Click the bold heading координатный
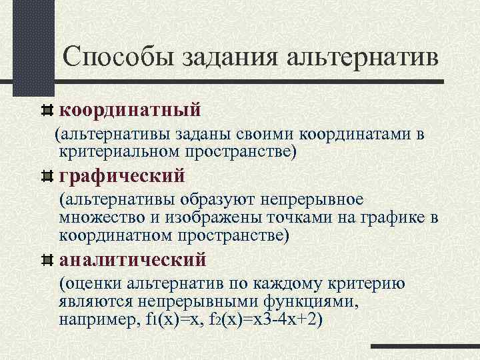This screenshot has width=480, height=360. coord(130,107)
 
